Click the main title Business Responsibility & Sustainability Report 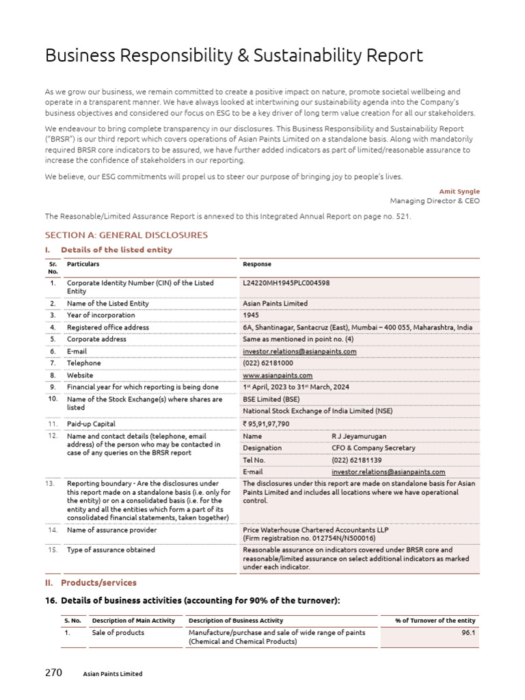click(x=234, y=56)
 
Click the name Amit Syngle click(x=461, y=191)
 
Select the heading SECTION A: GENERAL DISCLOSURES click(x=126, y=235)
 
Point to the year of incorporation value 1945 click(x=251, y=315)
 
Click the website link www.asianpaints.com click(x=278, y=375)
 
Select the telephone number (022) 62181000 click(x=268, y=363)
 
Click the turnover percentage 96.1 click(x=468, y=633)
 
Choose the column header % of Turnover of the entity click(x=435, y=620)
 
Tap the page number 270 click(x=53, y=673)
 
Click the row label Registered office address click(x=107, y=327)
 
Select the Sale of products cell click(x=118, y=633)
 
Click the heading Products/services click(x=98, y=582)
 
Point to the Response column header click(x=257, y=264)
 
